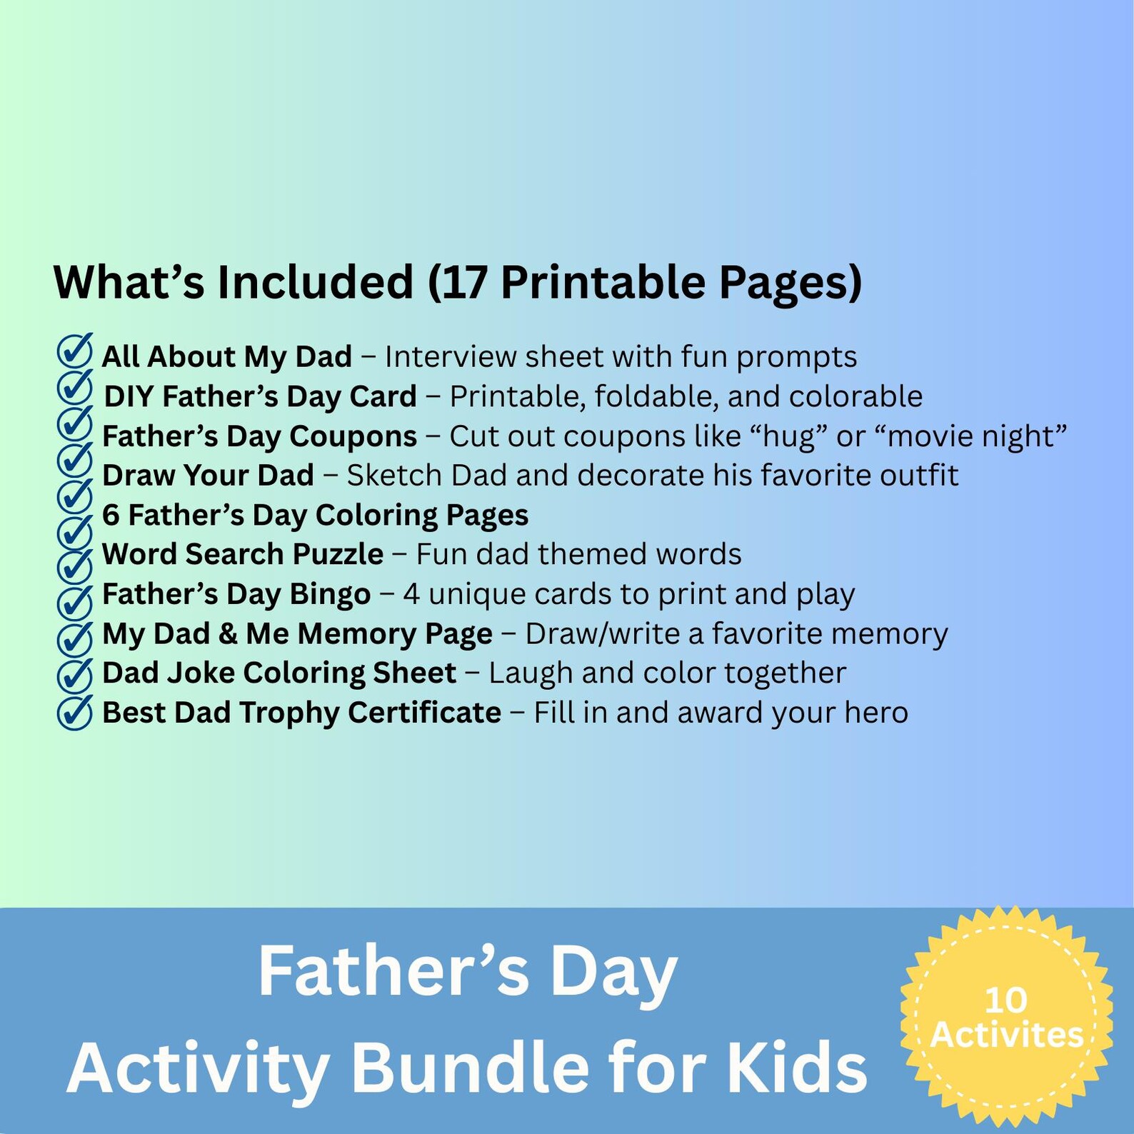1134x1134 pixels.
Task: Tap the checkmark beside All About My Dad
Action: (74, 351)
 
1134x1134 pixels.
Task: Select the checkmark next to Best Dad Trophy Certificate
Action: (74, 711)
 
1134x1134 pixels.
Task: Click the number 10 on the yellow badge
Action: (1005, 1000)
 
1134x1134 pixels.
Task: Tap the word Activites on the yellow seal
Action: (1007, 1035)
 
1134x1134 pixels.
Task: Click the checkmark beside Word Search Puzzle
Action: (74, 564)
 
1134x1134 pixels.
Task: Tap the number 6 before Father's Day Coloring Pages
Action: (111, 515)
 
